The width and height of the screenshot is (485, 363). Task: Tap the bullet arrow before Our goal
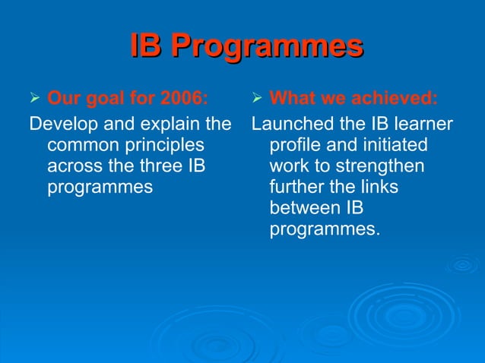(33, 98)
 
